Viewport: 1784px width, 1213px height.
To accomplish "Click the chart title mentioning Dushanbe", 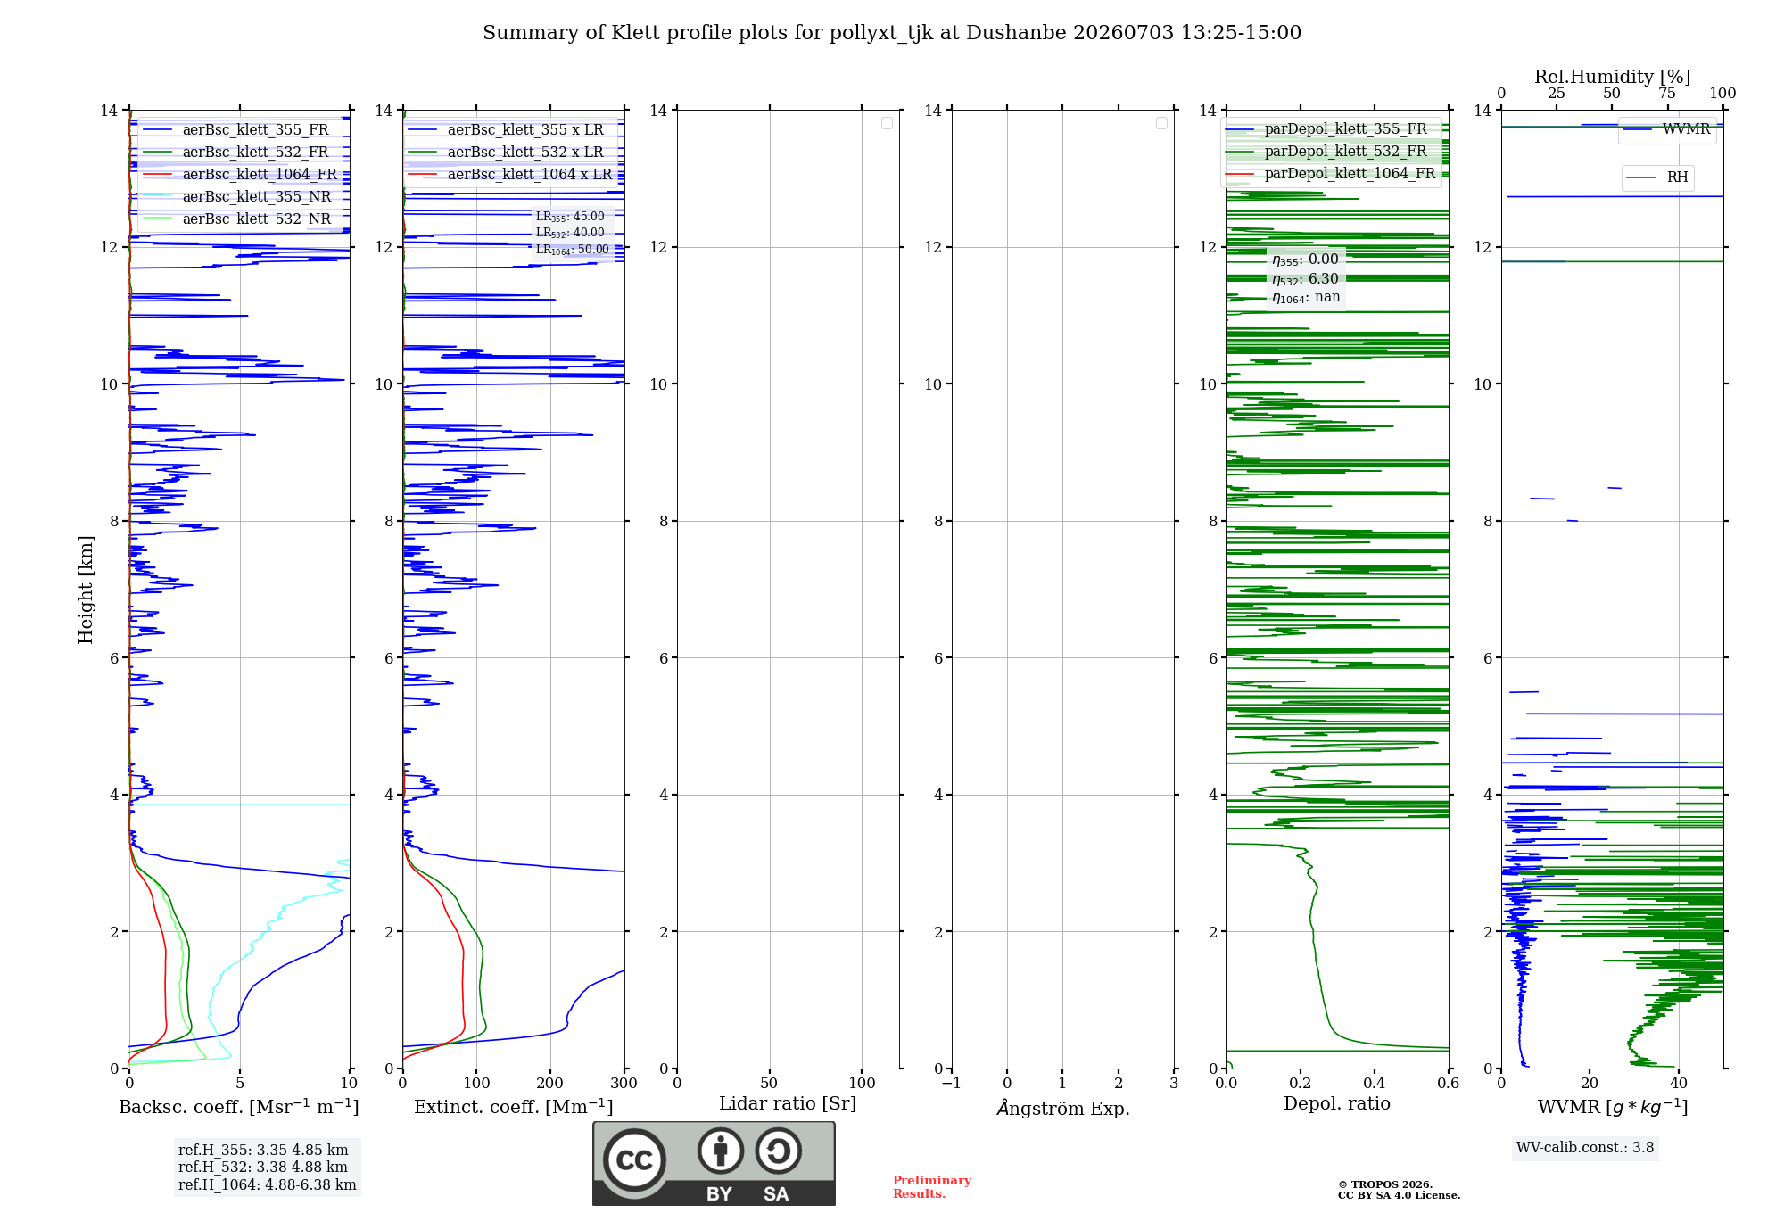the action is (x=892, y=33).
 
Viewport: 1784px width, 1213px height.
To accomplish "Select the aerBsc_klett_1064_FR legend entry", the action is (x=240, y=175).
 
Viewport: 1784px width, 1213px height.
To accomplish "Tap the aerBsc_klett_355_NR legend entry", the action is (x=237, y=197).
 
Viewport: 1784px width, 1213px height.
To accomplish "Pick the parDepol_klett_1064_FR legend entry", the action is (x=1330, y=174).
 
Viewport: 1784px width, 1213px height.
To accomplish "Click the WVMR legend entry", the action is (x=1666, y=129).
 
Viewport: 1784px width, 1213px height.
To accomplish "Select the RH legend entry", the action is (x=1656, y=177).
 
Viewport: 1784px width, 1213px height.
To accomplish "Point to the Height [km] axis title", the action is (x=86, y=590).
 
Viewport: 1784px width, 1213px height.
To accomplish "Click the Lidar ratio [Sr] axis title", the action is (x=788, y=1104).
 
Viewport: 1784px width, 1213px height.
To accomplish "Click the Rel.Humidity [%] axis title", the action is (x=1612, y=77).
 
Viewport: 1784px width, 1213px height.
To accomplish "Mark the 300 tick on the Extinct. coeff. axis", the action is (x=624, y=1083).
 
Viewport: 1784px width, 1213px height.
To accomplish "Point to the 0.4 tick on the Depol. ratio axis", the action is (x=1375, y=1083).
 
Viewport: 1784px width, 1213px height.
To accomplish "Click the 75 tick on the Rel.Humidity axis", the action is (x=1666, y=93).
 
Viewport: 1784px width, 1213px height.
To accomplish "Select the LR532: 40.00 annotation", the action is (x=570, y=233).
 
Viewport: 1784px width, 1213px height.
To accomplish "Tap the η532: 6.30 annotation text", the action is (x=1306, y=279).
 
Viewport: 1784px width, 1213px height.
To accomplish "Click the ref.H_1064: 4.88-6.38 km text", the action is (x=267, y=1184).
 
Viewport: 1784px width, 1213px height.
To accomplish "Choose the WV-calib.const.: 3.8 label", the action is (x=1585, y=1148).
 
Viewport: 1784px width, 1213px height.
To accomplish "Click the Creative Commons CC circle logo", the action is (x=634, y=1160).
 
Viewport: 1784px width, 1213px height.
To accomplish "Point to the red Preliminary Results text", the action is (x=932, y=1187).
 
